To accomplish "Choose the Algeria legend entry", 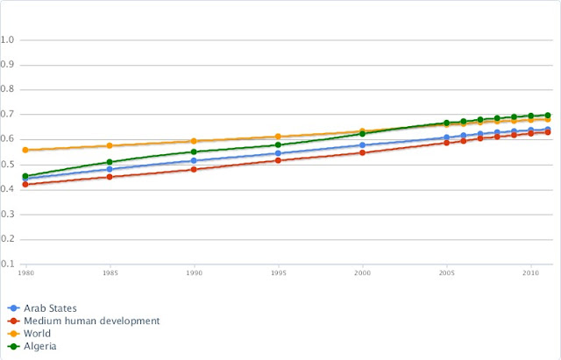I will [41, 346].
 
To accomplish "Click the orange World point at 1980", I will [25, 150].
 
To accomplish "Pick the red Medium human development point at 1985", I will [110, 177].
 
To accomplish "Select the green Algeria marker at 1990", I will [194, 152].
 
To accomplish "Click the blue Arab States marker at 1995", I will [278, 153].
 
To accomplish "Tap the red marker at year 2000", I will [362, 152].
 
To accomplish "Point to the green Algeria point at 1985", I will [110, 162].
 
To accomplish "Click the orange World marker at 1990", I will [194, 141].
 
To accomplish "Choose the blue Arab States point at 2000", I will [362, 145].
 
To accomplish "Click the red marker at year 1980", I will [25, 185].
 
